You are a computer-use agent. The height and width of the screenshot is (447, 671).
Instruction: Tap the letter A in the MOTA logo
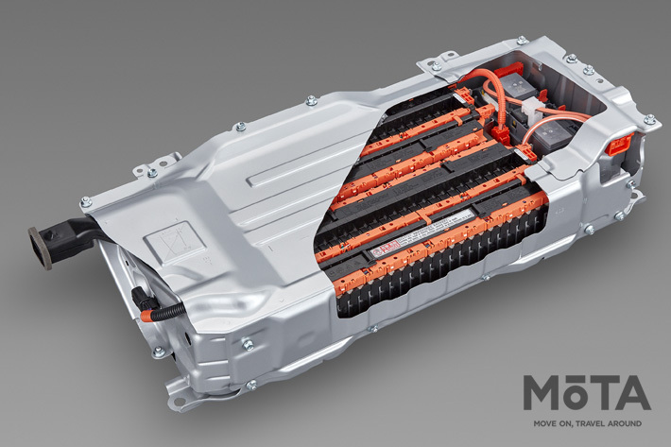[x=629, y=393]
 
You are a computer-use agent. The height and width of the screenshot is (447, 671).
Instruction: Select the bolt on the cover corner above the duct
[x=87, y=200]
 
